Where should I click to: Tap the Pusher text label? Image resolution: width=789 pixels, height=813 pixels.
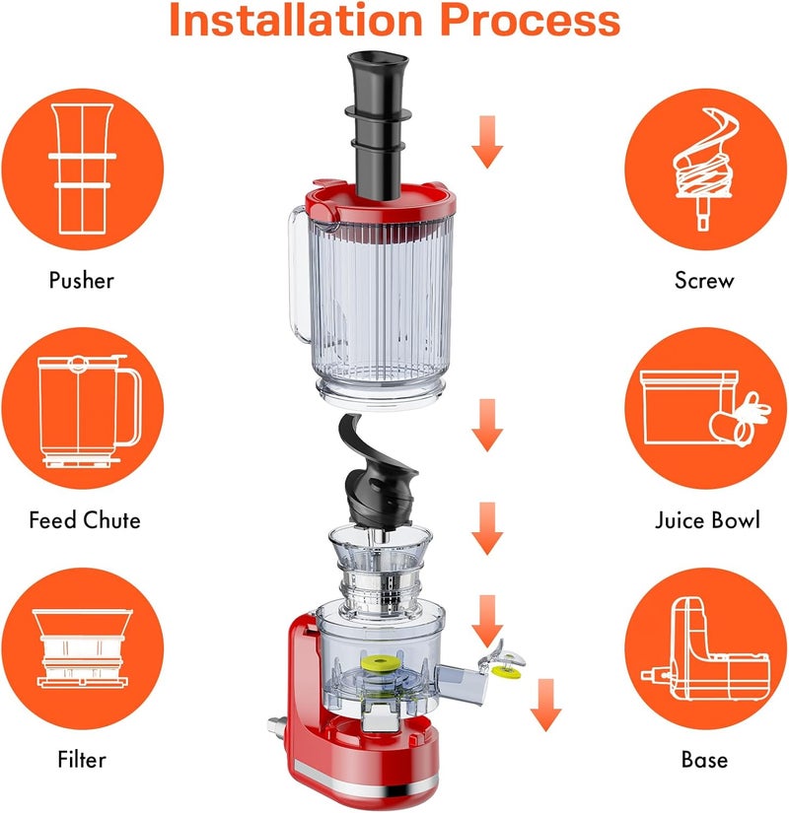pos(82,281)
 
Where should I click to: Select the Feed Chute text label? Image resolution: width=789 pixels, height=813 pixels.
pos(85,519)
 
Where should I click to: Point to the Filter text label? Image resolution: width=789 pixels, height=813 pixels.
pos(81,759)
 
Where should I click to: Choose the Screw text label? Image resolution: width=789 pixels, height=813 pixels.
pos(704,281)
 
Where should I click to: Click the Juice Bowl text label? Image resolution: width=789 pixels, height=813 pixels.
pos(707,519)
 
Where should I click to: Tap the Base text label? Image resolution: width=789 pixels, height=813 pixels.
pos(704,759)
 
